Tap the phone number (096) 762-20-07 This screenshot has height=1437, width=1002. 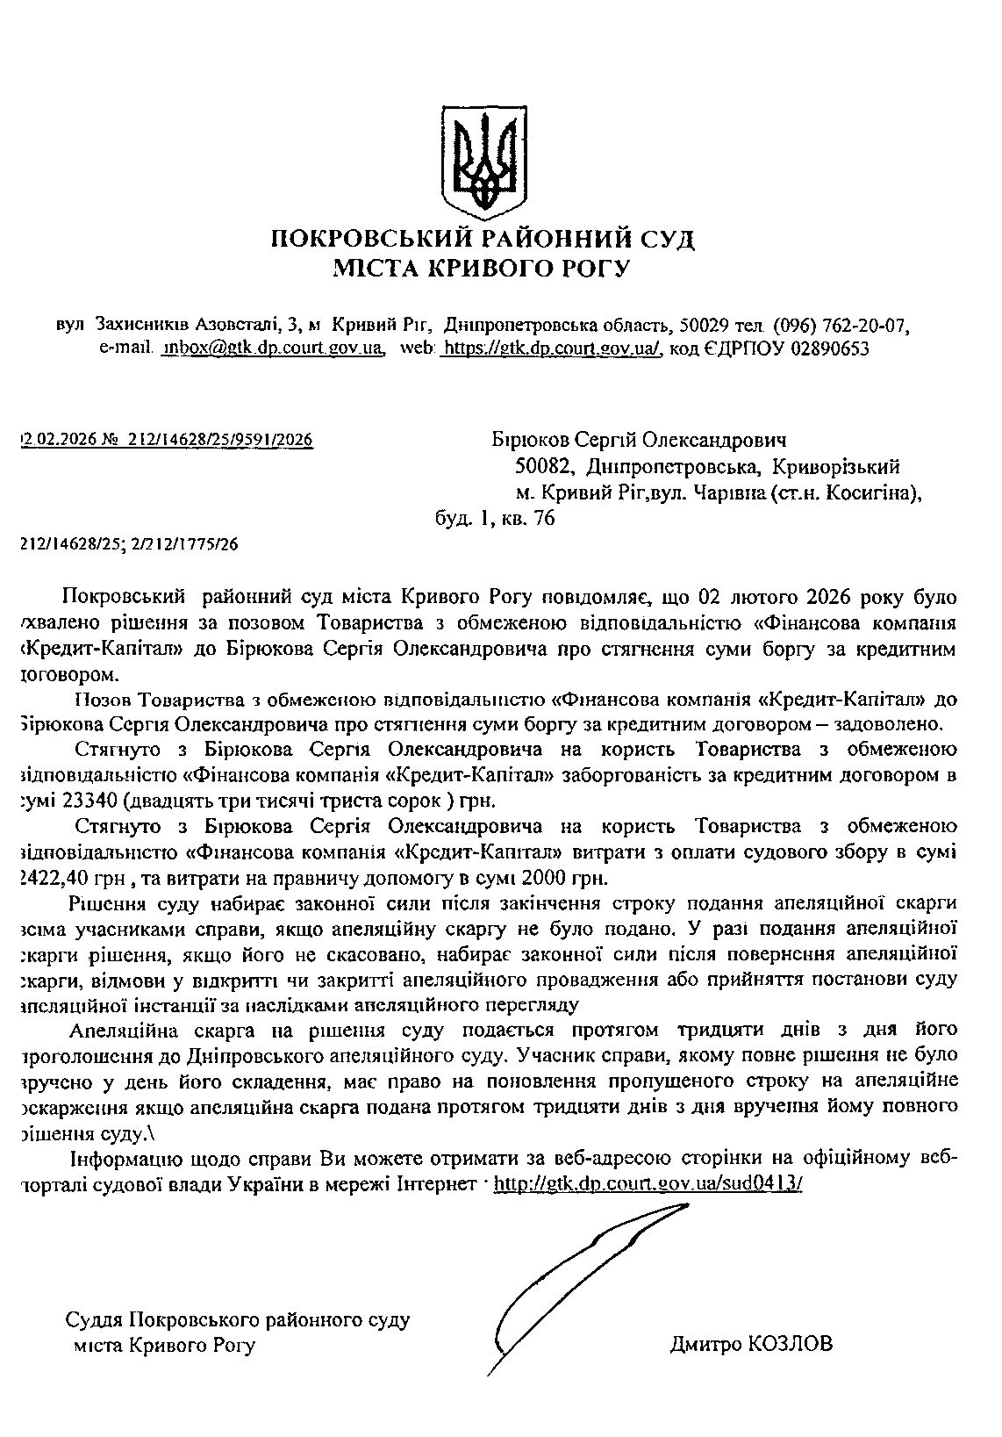click(x=841, y=326)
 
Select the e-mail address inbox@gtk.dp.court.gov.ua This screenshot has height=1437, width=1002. click(x=273, y=348)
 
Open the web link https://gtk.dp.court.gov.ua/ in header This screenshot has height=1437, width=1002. click(x=549, y=348)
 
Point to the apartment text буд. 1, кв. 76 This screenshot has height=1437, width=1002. click(x=495, y=519)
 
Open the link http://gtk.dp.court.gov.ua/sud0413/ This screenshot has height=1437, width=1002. click(x=648, y=1183)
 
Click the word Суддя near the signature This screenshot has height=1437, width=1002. click(x=95, y=1319)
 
